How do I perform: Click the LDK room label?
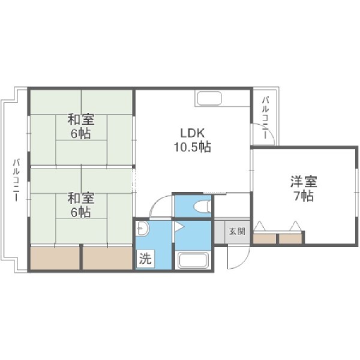tap(186, 133)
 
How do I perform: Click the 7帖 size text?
tap(304, 196)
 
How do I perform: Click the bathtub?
tap(193, 262)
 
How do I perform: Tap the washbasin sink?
tap(142, 229)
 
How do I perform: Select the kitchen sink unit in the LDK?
tap(209, 98)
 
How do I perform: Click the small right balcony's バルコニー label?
tap(265, 117)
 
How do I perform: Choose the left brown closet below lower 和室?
tap(55, 259)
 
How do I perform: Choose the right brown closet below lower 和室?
tap(107, 259)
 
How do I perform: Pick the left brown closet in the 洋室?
tap(265, 238)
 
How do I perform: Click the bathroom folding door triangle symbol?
tap(178, 227)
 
